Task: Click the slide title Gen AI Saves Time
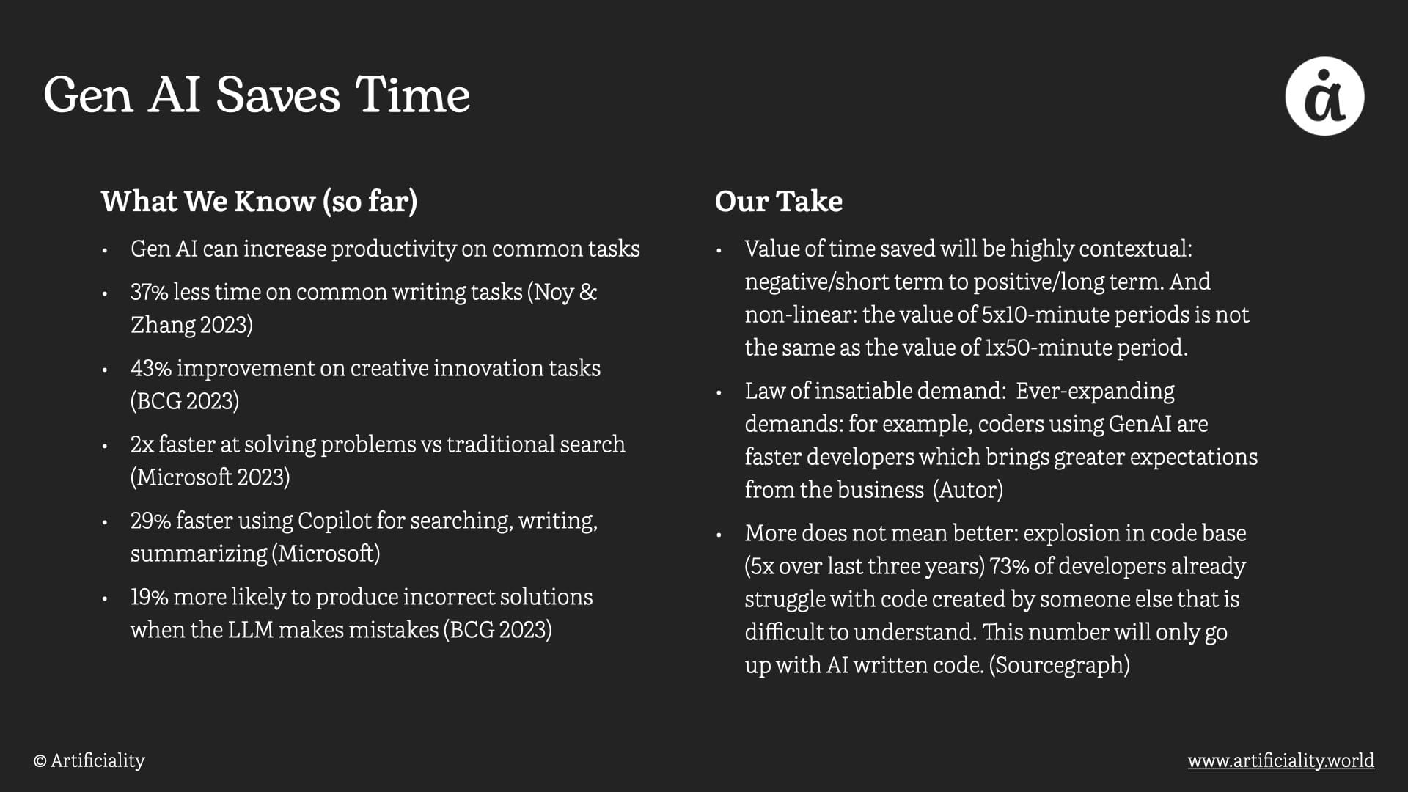tap(257, 95)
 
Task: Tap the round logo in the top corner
tap(1324, 96)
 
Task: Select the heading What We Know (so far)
tap(259, 201)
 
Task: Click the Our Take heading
tap(779, 201)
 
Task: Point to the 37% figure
tap(150, 292)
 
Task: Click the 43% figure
tap(151, 368)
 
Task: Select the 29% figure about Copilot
tap(151, 521)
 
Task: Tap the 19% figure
tap(150, 597)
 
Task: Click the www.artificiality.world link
tap(1281, 760)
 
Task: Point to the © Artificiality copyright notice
tap(89, 760)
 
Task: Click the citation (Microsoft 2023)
tap(210, 477)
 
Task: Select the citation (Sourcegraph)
tap(1059, 665)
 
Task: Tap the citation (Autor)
tap(968, 490)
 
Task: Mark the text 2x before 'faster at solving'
tap(142, 444)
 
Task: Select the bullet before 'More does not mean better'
tap(719, 535)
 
